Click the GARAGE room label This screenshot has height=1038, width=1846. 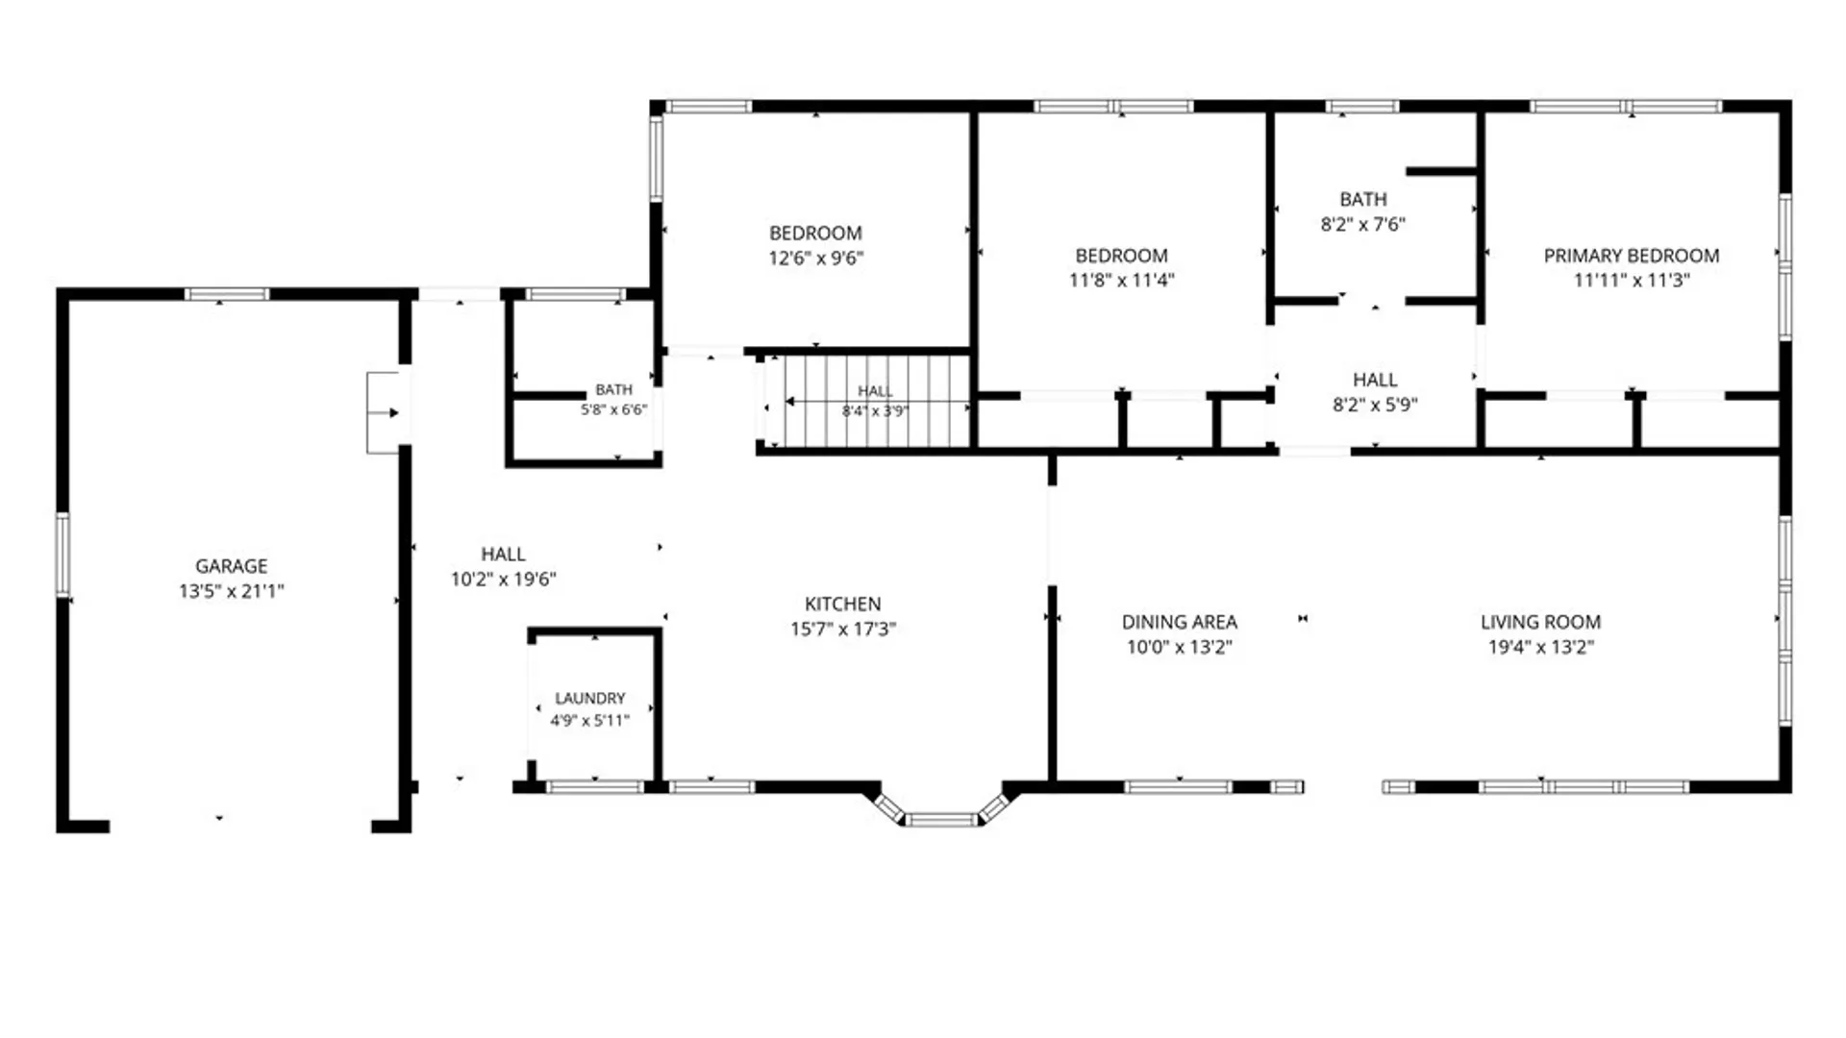(x=232, y=566)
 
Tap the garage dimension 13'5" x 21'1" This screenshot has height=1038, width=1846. (x=232, y=591)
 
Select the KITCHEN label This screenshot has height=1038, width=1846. (x=843, y=604)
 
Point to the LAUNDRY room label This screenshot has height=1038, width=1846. (x=590, y=698)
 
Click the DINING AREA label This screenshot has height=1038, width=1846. (x=1180, y=622)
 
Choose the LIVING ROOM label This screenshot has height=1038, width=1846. (x=1541, y=622)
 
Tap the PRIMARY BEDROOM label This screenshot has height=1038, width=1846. (x=1632, y=256)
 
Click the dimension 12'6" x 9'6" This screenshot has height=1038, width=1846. (x=816, y=258)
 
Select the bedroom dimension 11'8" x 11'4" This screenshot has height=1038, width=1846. (x=1122, y=280)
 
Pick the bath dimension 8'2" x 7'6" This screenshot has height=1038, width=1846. (x=1363, y=224)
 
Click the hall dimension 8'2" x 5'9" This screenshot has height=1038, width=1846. (x=1375, y=405)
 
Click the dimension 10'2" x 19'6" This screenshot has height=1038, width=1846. (x=504, y=579)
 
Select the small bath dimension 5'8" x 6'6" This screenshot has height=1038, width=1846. (x=614, y=409)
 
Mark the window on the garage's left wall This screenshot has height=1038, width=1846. (x=63, y=555)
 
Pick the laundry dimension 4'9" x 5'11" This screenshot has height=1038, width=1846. (x=590, y=720)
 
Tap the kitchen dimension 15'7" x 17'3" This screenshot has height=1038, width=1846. (x=843, y=629)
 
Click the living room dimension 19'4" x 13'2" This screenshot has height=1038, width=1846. (x=1541, y=647)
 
